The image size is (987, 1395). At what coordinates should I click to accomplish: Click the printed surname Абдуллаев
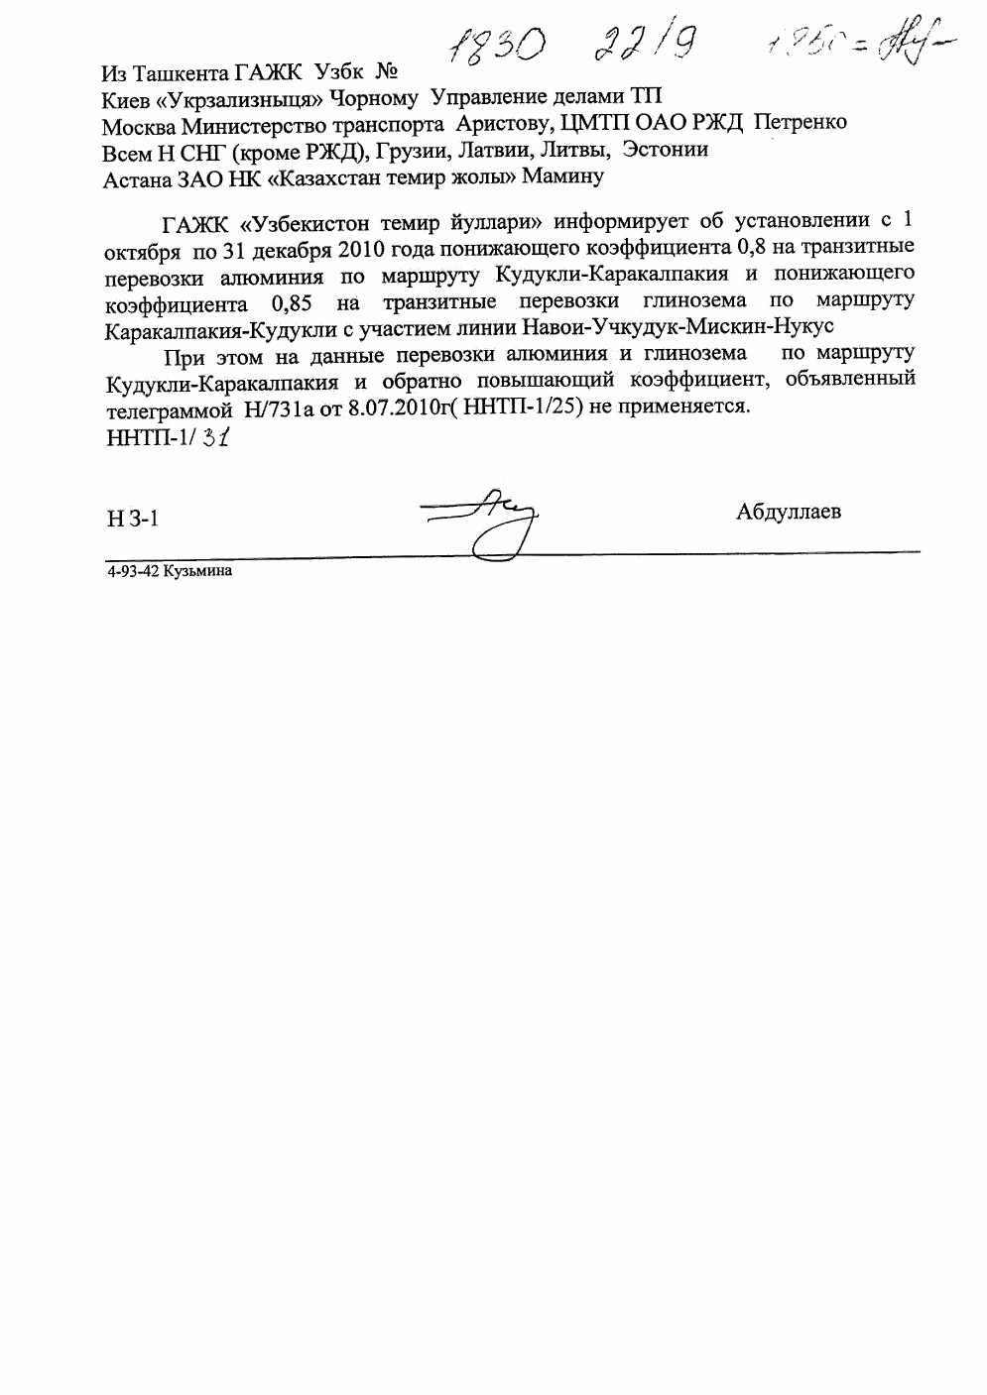(x=789, y=512)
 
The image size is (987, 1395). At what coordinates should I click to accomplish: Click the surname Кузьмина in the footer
(x=198, y=570)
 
